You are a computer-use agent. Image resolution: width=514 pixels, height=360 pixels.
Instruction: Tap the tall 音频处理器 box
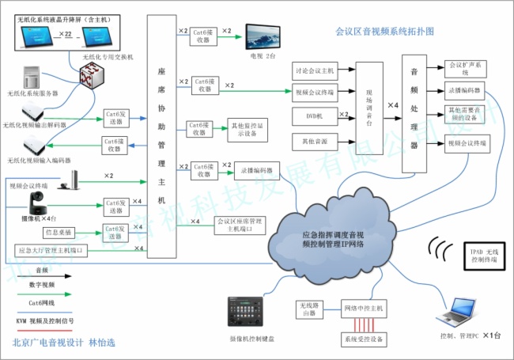(414, 113)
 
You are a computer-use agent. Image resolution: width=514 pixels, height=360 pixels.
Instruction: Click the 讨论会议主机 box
(314, 71)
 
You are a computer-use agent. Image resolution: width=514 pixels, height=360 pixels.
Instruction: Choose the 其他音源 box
(314, 142)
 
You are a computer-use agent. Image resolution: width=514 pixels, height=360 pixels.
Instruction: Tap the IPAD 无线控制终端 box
(478, 253)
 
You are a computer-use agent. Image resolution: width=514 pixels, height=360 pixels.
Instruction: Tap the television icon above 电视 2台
(262, 37)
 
